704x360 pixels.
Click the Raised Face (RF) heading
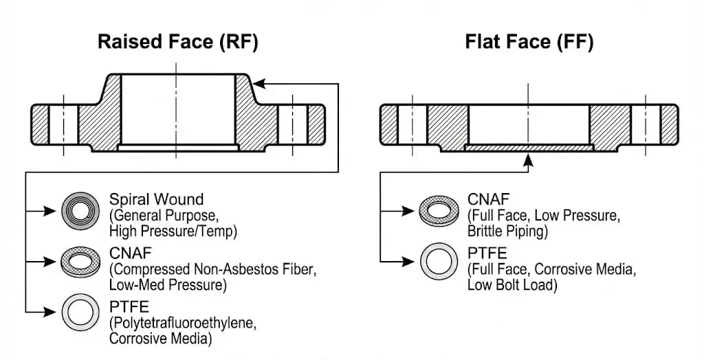coord(177,42)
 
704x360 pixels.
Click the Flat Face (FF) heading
coord(529,42)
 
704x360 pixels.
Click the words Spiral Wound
coord(156,200)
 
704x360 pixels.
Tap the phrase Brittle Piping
coord(507,232)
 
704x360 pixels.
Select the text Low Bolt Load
coord(511,284)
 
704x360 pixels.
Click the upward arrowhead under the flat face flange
coord(528,159)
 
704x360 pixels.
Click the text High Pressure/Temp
coord(173,232)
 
